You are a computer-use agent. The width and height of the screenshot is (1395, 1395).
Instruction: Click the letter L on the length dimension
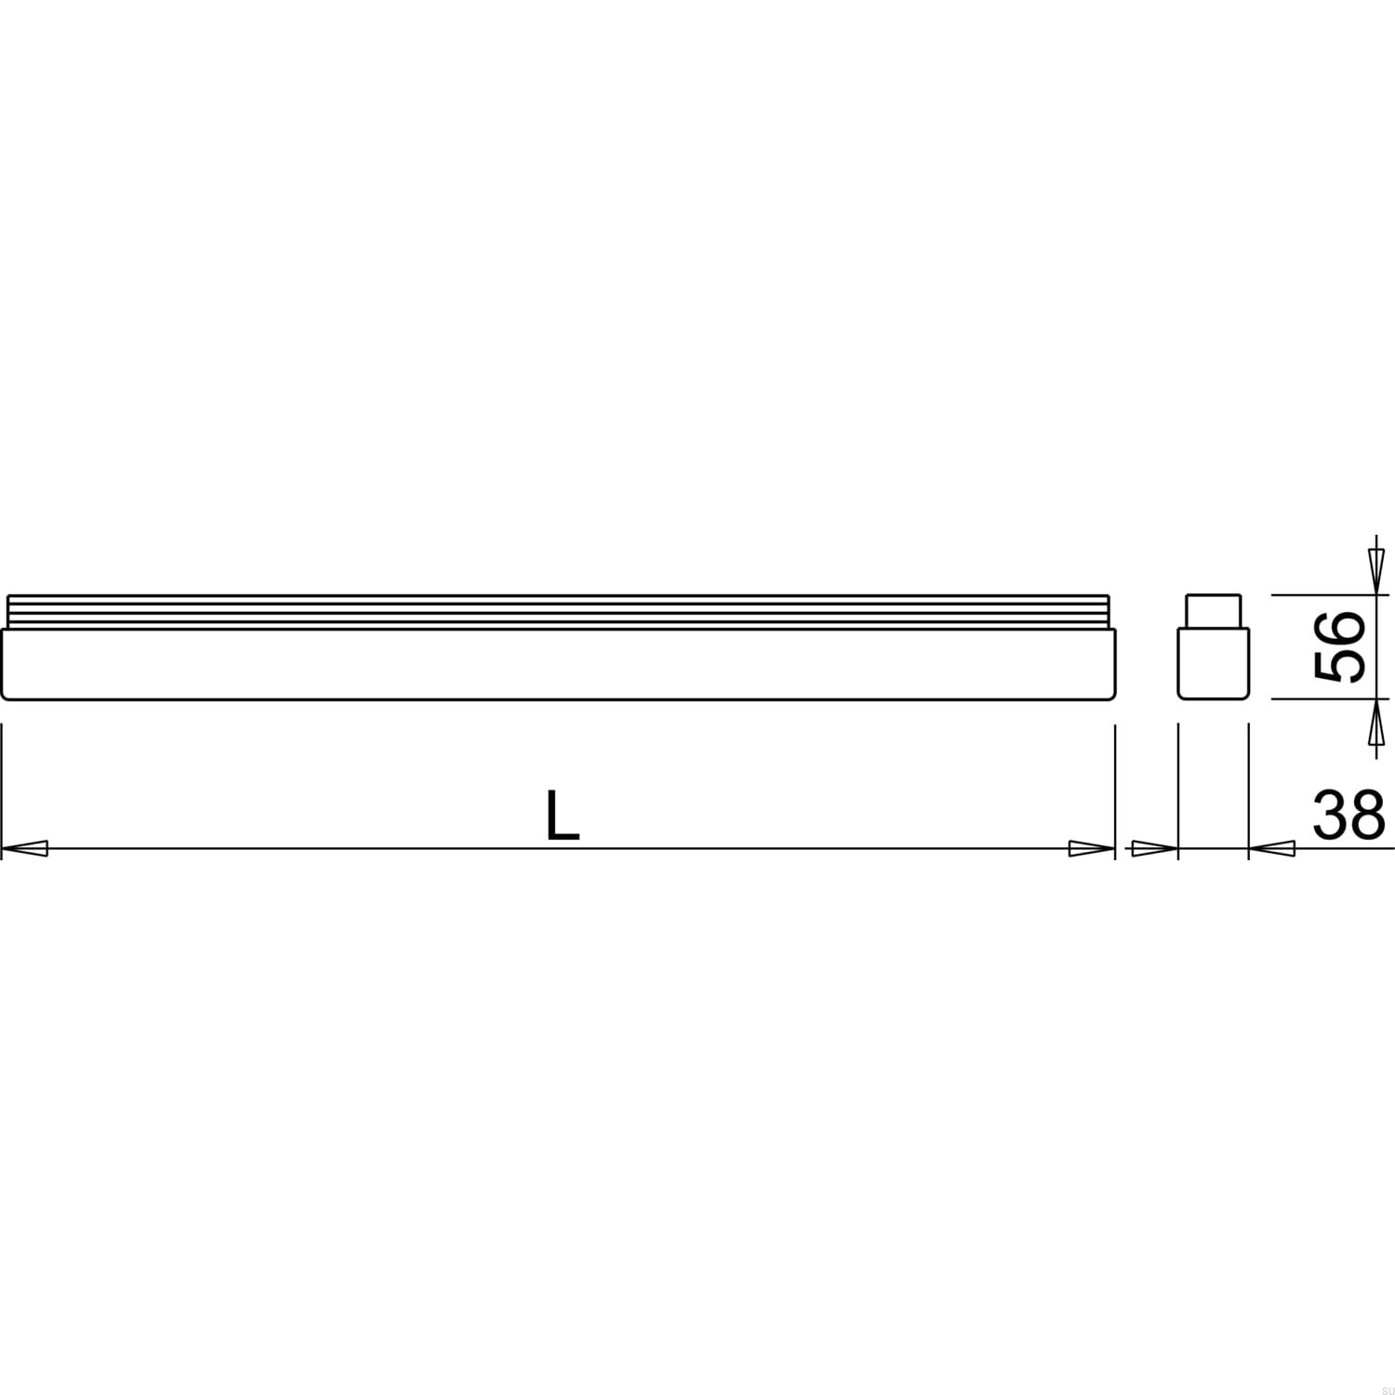[562, 816]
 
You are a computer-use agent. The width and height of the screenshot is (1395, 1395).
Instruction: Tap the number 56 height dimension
[1339, 646]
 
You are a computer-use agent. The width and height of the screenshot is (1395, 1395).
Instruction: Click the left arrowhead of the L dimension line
[25, 848]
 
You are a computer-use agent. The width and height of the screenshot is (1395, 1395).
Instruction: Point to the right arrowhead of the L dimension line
[1091, 848]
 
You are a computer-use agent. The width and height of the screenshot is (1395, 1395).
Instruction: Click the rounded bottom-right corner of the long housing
[1109, 694]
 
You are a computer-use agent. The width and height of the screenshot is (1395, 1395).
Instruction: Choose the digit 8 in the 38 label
[1367, 815]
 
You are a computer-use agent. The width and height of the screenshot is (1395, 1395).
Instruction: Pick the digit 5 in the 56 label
[1339, 665]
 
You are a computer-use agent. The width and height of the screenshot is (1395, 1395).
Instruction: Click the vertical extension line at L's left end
[2, 790]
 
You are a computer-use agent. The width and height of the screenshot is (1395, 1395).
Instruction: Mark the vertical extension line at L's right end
[1114, 790]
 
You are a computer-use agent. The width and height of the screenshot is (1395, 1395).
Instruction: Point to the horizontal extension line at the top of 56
[1321, 594]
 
